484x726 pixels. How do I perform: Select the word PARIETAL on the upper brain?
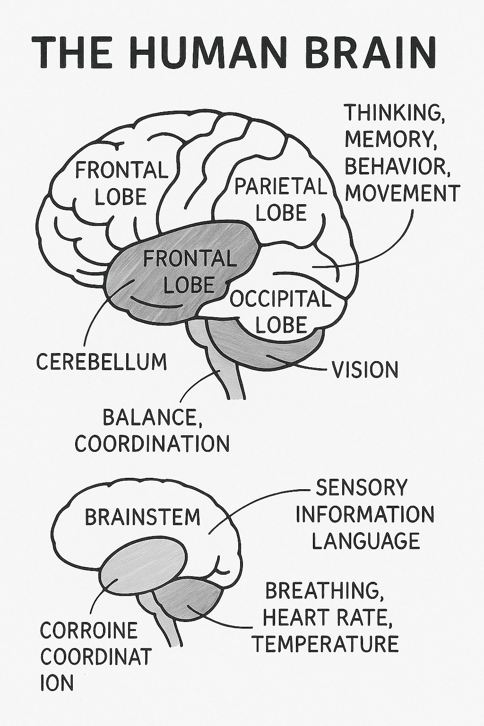(280, 187)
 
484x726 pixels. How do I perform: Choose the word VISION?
(365, 370)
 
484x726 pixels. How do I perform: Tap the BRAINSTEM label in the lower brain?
(143, 517)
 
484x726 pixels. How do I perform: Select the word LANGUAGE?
(366, 540)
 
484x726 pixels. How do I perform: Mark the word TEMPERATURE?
(326, 643)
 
